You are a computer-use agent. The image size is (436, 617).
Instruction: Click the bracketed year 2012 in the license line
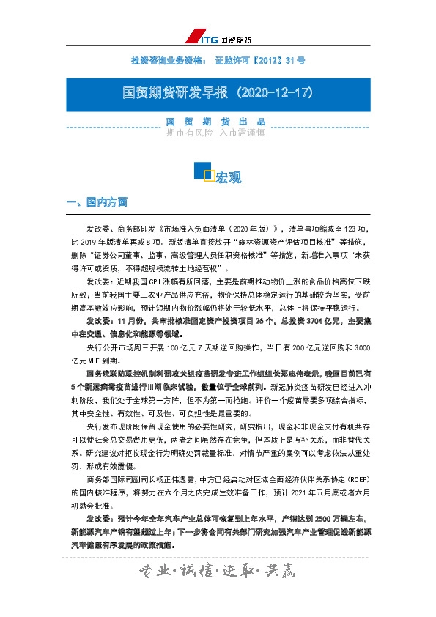[x=265, y=59]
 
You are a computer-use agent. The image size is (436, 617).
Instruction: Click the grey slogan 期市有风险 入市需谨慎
[x=215, y=133]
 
